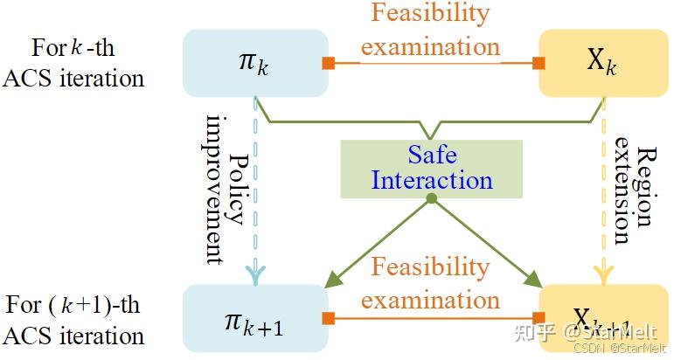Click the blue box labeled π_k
[x=254, y=63]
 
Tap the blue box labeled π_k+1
[x=254, y=320]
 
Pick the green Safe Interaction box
[x=431, y=168]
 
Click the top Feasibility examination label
[x=431, y=29]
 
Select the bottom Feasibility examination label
[x=431, y=283]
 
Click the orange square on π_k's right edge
[x=330, y=63]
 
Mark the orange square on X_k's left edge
[x=539, y=63]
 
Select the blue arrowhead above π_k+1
[x=254, y=274]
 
